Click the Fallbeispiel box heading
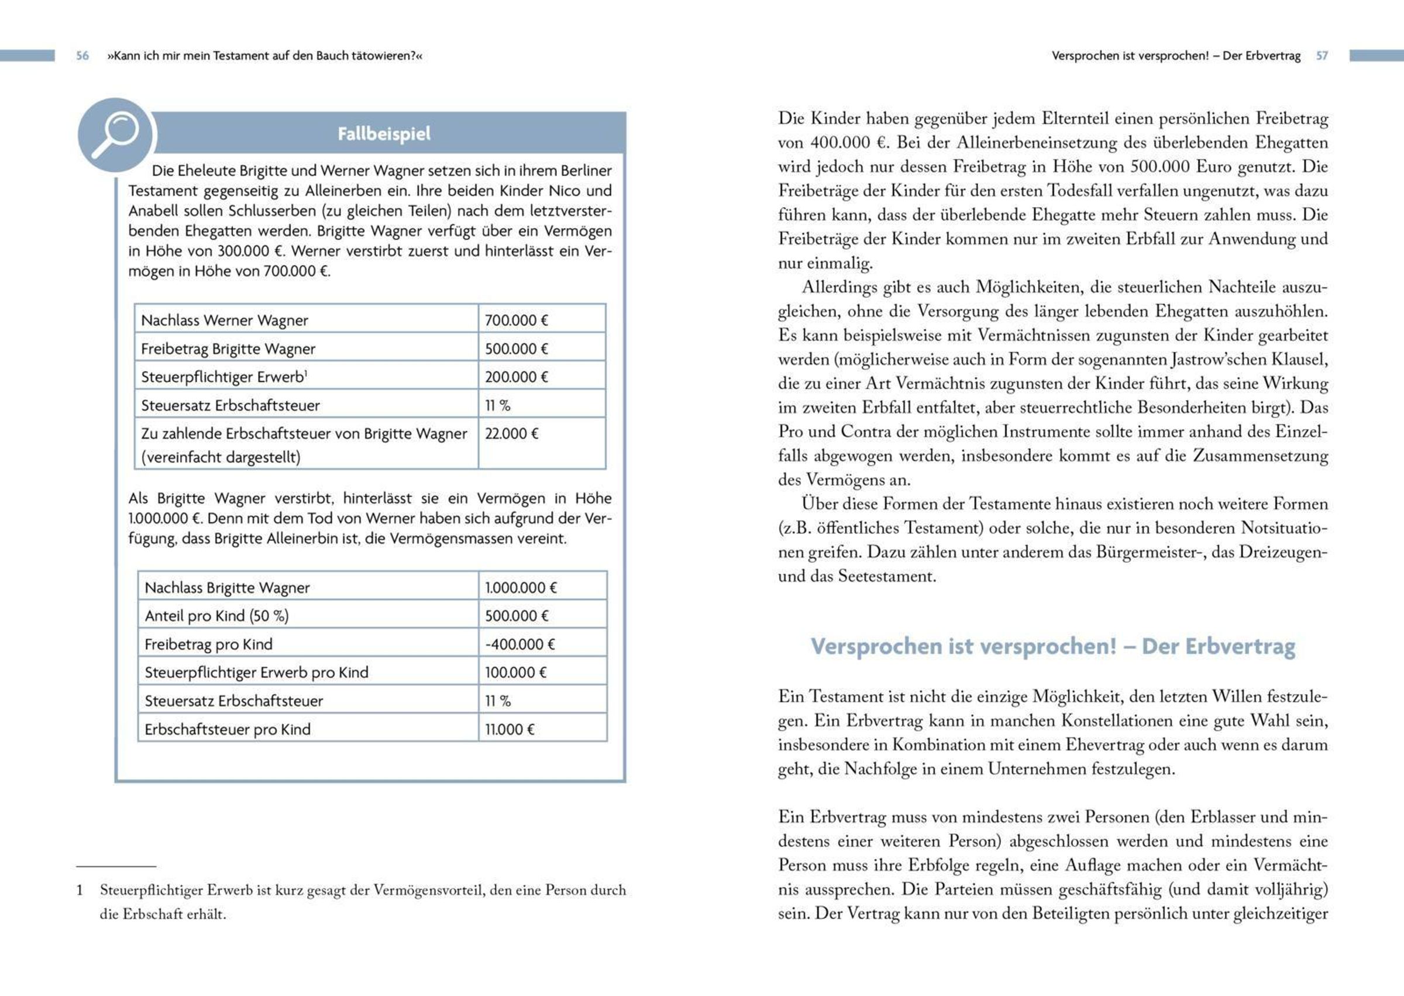[384, 134]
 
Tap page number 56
[82, 56]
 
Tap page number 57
[1322, 56]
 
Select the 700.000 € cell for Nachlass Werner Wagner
[516, 320]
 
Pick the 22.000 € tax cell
[511, 433]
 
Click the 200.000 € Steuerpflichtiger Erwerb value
[516, 377]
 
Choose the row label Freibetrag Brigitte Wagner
[228, 349]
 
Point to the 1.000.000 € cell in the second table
[520, 588]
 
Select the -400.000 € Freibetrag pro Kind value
[519, 644]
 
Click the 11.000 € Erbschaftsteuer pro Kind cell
[509, 729]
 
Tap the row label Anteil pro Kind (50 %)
[216, 616]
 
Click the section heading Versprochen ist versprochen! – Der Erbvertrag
[1052, 646]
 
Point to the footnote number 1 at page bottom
[80, 890]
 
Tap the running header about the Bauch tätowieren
[264, 56]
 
